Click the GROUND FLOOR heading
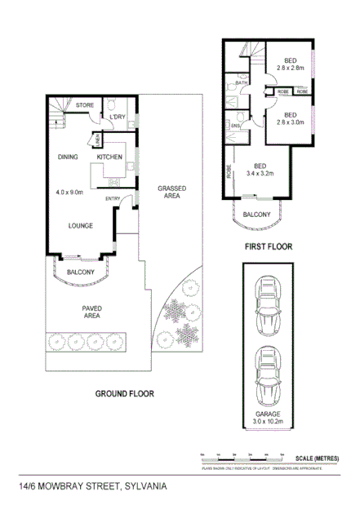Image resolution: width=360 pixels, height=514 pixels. tap(125, 393)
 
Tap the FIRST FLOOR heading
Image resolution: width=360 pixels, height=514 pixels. tap(268, 245)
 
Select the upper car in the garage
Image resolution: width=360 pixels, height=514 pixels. tap(269, 309)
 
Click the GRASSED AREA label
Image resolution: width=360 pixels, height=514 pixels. tap(173, 192)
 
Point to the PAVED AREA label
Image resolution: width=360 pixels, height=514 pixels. tap(91, 312)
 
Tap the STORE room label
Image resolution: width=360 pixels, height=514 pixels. tap(85, 106)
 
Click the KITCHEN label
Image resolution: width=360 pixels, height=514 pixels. tap(109, 157)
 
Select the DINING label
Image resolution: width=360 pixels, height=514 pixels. tap(67, 157)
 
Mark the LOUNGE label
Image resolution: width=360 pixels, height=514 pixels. tap(80, 226)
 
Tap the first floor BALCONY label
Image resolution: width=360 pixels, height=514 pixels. tap(257, 215)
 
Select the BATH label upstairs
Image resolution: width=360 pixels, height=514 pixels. tap(242, 83)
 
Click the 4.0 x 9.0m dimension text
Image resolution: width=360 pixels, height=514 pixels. tap(70, 193)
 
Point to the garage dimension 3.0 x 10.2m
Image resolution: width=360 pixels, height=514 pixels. tap(269, 422)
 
